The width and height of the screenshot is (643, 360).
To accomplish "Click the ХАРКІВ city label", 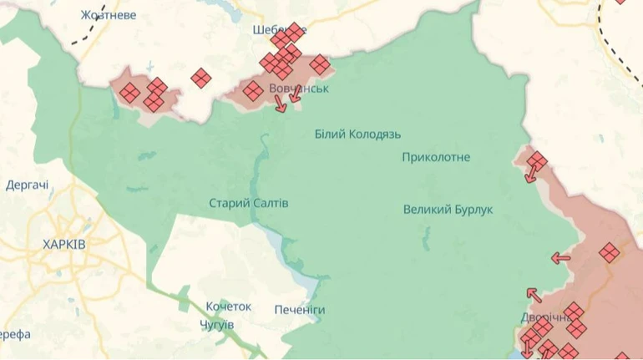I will tap(63, 244).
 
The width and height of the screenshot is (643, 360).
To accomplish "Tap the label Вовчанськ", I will tap(298, 88).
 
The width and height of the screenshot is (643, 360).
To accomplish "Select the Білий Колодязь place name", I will tap(358, 134).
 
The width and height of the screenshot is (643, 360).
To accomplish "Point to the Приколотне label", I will tap(436, 157).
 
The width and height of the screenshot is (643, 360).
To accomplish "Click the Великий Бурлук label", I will tap(448, 209).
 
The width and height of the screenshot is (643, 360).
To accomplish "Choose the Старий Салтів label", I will tap(243, 203).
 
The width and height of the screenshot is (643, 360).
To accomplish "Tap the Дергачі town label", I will tap(27, 185).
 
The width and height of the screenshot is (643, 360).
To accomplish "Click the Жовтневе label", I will tap(109, 15).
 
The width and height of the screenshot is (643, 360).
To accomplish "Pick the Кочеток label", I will tap(229, 307).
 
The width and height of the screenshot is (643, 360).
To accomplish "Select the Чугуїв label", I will tap(217, 324).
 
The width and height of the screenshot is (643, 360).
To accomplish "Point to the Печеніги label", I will tap(300, 310).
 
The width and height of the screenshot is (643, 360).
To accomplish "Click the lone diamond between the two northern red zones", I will tap(200, 79).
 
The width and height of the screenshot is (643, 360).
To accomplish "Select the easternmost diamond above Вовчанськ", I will tap(319, 63).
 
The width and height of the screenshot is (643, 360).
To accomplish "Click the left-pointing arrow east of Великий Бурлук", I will tap(560, 258).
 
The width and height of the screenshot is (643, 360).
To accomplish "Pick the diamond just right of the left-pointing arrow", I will tap(609, 251).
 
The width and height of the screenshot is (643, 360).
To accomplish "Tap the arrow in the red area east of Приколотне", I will tap(531, 174).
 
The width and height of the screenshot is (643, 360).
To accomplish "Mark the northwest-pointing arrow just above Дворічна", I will tap(534, 295).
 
